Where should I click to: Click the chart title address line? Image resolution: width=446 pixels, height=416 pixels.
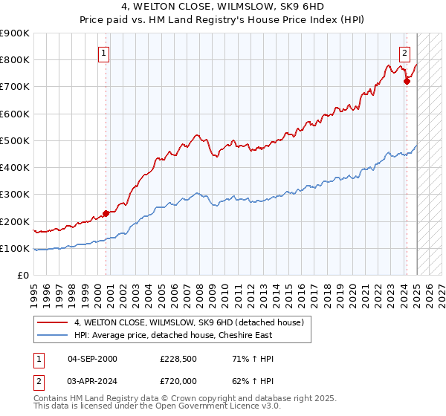[223, 8]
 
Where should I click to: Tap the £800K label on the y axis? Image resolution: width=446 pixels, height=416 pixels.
[15, 60]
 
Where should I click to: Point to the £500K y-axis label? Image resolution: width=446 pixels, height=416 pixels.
[15, 141]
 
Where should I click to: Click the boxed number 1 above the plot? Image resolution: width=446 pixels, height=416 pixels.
[103, 53]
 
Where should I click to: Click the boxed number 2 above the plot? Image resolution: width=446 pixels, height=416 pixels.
[404, 53]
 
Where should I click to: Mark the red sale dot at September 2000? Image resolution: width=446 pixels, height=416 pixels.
[106, 214]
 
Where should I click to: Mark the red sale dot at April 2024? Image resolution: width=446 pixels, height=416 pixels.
[407, 82]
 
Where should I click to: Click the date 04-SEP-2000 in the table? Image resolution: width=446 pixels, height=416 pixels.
[92, 359]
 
